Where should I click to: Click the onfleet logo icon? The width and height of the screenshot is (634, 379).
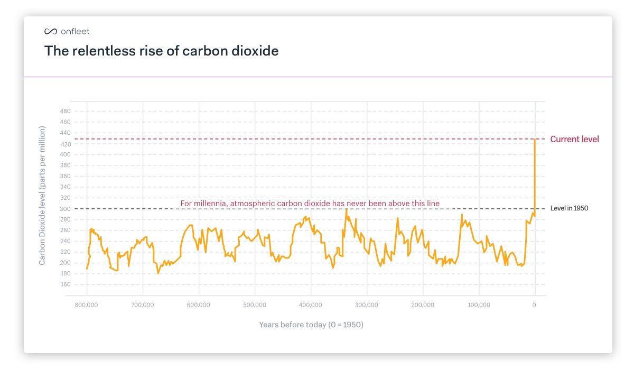pos(50,32)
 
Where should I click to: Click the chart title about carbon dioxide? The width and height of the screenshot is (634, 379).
pos(161,51)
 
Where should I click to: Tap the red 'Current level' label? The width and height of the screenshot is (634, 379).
pos(574,140)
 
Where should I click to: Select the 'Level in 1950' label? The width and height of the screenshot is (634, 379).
pos(569,208)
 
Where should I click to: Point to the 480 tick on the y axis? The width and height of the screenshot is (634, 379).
pos(65,112)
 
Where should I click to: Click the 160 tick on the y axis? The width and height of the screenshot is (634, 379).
pos(65,284)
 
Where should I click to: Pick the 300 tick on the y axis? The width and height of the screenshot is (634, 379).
pos(65,209)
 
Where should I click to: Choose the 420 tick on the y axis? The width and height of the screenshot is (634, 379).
pos(65,144)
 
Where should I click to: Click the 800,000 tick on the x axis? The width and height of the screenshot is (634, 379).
pos(87,305)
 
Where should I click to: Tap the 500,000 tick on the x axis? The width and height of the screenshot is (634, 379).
pos(255,305)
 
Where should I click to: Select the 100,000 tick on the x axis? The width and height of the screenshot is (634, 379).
pos(479,305)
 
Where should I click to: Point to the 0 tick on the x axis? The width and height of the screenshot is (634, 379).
pos(534,305)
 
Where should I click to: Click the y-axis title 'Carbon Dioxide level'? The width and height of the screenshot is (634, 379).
pos(42,196)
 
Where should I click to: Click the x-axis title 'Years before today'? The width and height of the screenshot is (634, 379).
pos(311,325)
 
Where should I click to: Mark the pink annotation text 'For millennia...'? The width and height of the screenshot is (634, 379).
pos(310,204)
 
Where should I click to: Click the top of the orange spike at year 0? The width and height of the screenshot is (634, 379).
pos(535,140)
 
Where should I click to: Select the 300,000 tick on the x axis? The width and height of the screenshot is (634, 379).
pos(367,305)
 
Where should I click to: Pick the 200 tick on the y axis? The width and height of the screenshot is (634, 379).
pos(65,263)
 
